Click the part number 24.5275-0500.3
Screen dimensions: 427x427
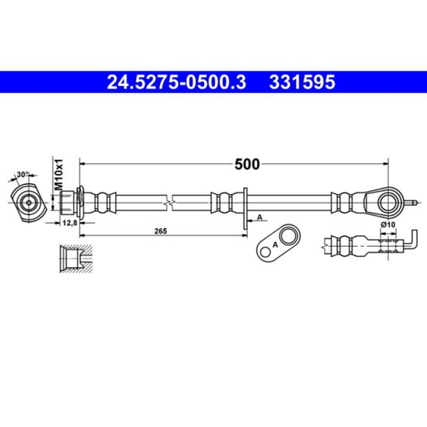tap(176, 82)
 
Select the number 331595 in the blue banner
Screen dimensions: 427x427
tap(302, 82)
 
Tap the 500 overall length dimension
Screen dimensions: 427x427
tap(247, 165)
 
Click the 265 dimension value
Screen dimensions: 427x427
tap(161, 231)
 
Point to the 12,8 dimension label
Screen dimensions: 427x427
tap(70, 224)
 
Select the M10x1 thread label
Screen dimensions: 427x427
tap(59, 175)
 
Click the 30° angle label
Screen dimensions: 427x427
tap(23, 174)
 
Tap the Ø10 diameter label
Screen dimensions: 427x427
tap(388, 224)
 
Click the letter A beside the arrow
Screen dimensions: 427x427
tap(260, 217)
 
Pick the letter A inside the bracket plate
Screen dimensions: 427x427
tap(275, 245)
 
